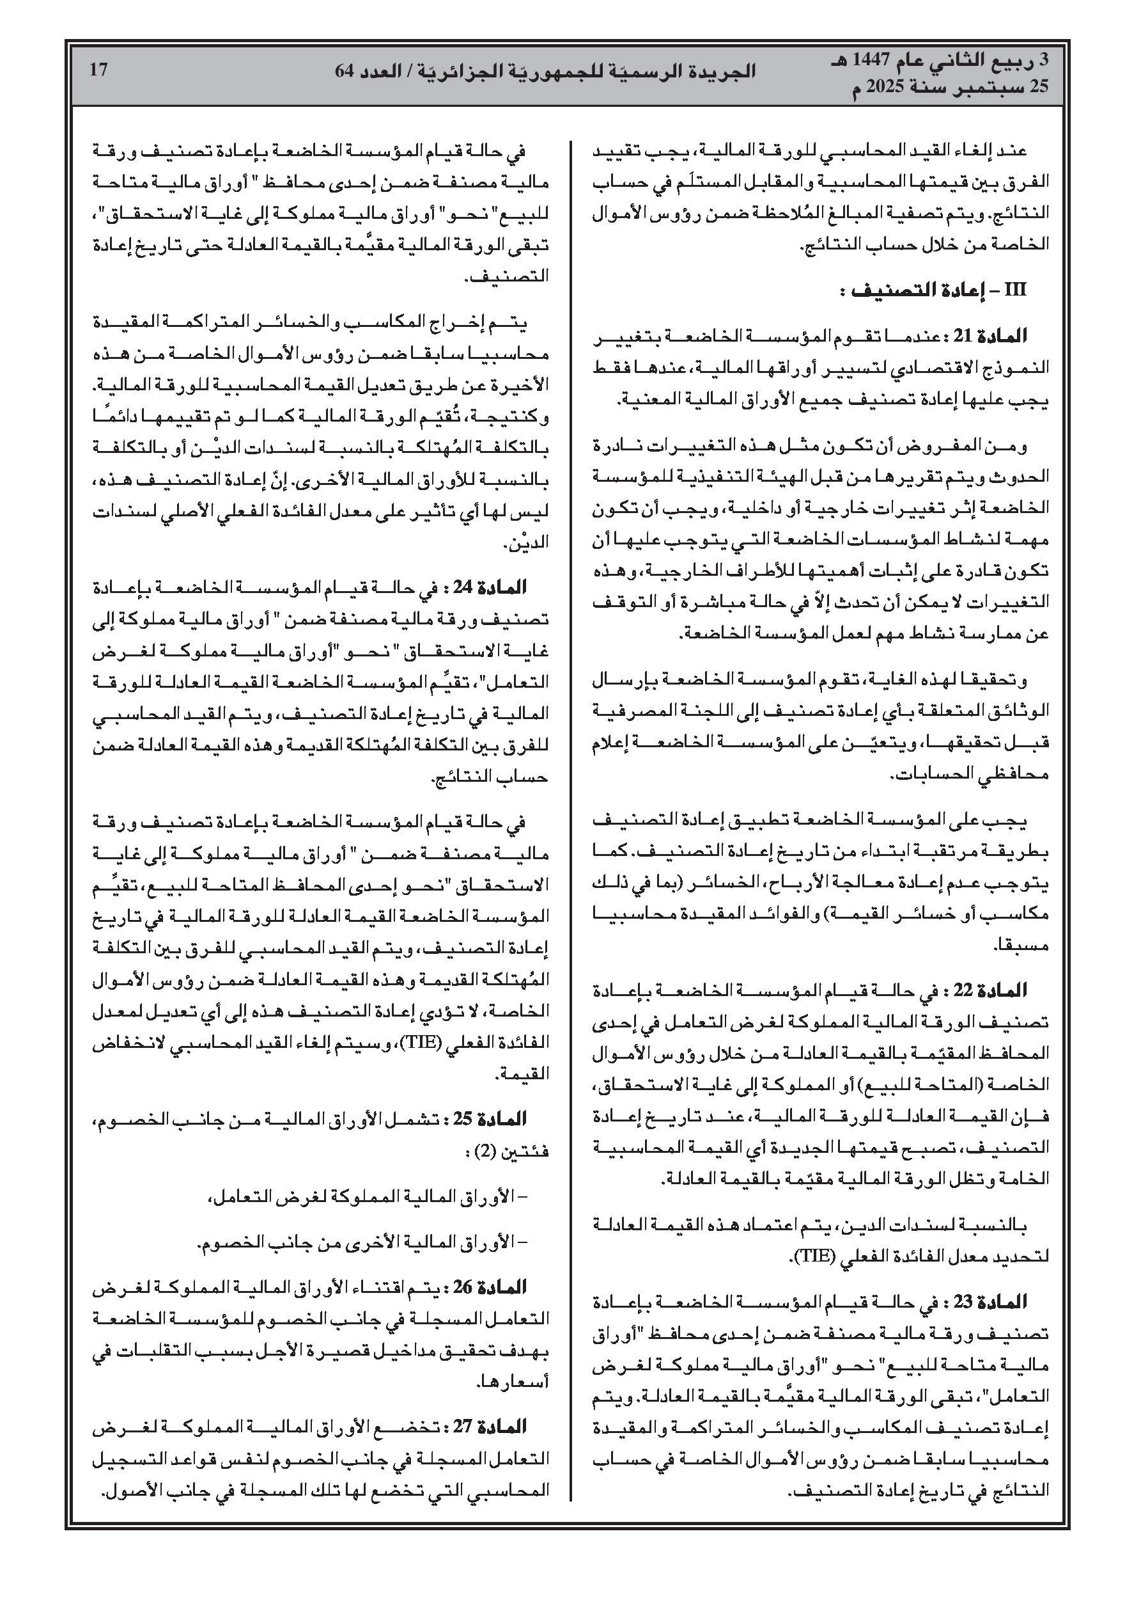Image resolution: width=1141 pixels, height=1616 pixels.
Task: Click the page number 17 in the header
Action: (x=98, y=70)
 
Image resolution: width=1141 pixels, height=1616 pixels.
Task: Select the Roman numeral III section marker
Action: (x=1015, y=290)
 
